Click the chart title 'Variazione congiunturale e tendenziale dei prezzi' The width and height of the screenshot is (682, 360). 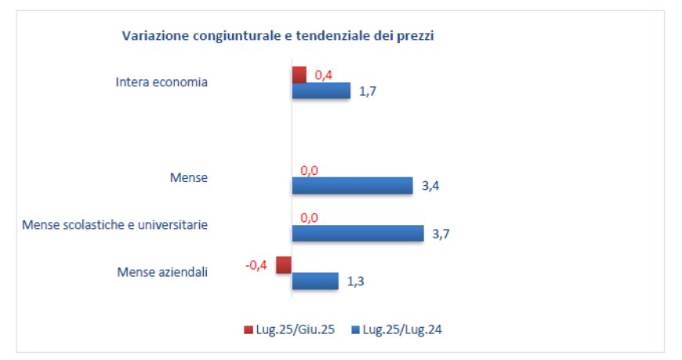coord(278,36)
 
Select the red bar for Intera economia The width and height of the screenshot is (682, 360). coord(299,75)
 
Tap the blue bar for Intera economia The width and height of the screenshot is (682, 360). coord(321,91)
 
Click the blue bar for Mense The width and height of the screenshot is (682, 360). coord(352,186)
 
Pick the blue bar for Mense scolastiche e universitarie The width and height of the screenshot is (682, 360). coord(357,233)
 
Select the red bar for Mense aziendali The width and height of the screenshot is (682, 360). coord(284,264)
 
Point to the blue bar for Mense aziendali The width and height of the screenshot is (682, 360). coord(314,281)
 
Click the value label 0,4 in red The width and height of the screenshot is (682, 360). coord(324,75)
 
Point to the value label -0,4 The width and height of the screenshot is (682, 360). coord(256,265)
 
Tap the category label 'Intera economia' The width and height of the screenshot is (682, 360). coord(161,82)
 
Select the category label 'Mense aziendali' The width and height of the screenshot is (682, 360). coord(162,273)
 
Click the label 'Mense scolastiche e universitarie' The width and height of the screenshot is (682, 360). coord(114,225)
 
